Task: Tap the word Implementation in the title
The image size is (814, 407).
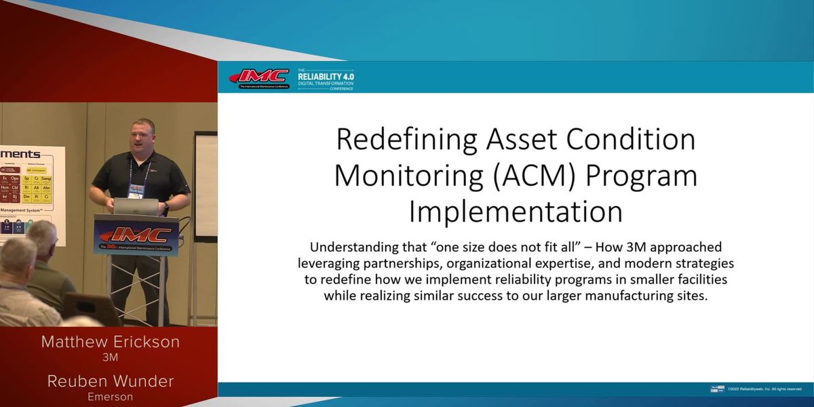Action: (x=516, y=212)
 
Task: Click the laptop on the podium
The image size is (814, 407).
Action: (x=135, y=207)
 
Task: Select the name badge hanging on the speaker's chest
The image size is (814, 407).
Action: (x=136, y=191)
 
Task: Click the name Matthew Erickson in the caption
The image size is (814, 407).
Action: (x=110, y=342)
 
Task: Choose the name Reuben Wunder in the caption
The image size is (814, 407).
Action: (x=110, y=381)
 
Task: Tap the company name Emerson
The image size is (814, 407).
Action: (x=110, y=397)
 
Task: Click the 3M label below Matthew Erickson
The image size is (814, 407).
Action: (x=110, y=357)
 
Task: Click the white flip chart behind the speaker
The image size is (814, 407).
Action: (x=206, y=183)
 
